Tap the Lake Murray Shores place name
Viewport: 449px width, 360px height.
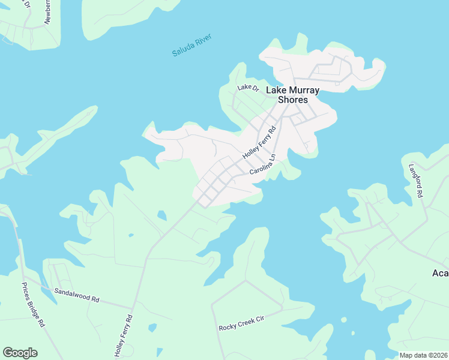(292, 95)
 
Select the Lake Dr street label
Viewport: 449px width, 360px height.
(247, 88)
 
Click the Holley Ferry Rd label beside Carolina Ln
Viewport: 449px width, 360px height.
(259, 142)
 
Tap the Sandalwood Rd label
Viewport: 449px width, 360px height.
(76, 294)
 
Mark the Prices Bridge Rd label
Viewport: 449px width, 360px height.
(33, 304)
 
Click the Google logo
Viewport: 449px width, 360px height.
(20, 353)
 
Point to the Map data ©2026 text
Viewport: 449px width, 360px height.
(423, 355)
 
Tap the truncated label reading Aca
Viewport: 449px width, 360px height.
(440, 273)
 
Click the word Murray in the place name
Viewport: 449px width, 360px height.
(303, 90)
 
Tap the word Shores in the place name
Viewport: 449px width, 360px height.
(292, 100)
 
